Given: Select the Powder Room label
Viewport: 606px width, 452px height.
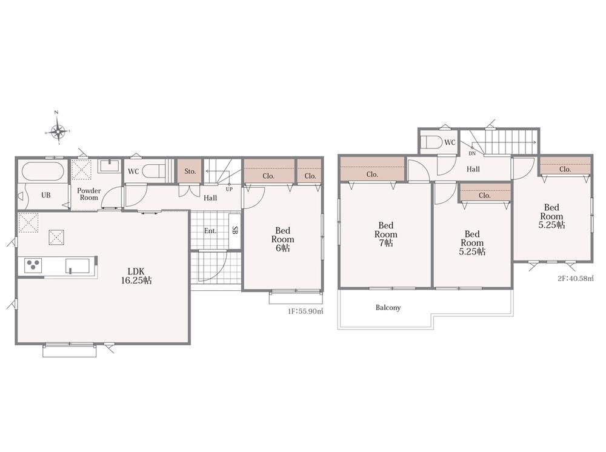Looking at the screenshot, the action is pyautogui.click(x=89, y=194).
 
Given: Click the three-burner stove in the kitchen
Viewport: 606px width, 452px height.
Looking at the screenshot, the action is pyautogui.click(x=33, y=265).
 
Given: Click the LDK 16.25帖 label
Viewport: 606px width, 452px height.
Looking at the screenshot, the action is pyautogui.click(x=136, y=276).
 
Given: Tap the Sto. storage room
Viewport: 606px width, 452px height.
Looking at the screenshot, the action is pyautogui.click(x=190, y=171).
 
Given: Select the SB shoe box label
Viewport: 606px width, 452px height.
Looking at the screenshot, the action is pyautogui.click(x=235, y=230).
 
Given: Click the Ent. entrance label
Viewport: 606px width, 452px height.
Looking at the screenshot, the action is pyautogui.click(x=210, y=231).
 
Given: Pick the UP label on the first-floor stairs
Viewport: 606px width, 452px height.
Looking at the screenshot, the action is pyautogui.click(x=229, y=189).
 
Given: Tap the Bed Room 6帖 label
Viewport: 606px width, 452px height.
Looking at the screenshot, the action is pyautogui.click(x=282, y=239).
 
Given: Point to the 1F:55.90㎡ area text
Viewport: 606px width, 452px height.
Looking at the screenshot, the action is pyautogui.click(x=305, y=311).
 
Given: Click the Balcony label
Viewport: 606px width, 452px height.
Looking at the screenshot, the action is pyautogui.click(x=388, y=308).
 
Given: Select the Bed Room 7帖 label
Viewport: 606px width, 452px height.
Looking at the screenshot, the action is pyautogui.click(x=385, y=234).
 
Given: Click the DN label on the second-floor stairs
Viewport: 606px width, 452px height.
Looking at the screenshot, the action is pyautogui.click(x=472, y=153).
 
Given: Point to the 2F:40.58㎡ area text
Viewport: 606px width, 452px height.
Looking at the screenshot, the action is pyautogui.click(x=575, y=279).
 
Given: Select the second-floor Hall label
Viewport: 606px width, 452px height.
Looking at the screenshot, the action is pyautogui.click(x=473, y=169).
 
